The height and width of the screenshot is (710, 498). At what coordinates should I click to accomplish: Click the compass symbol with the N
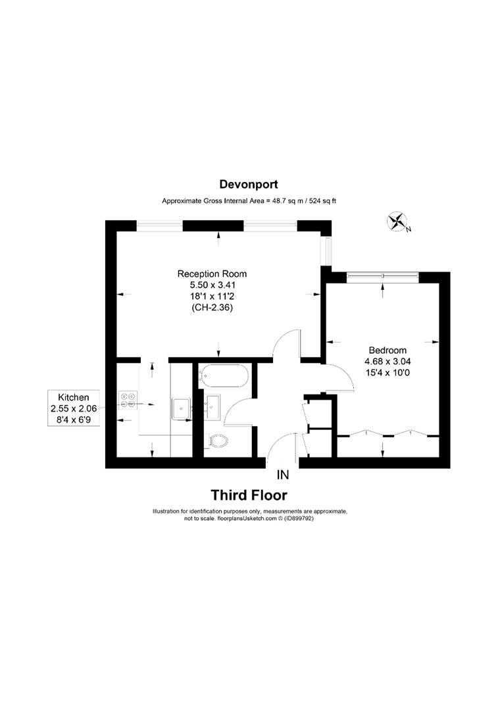(x=397, y=222)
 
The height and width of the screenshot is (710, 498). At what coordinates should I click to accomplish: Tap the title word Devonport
(x=249, y=185)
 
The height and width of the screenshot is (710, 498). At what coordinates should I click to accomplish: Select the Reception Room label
(x=212, y=273)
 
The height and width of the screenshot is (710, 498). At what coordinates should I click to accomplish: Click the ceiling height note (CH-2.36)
(x=212, y=307)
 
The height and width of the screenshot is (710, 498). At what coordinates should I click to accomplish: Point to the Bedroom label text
(x=387, y=350)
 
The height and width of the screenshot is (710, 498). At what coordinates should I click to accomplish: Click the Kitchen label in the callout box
(x=74, y=397)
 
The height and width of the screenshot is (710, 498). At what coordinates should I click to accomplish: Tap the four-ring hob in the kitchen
(x=128, y=400)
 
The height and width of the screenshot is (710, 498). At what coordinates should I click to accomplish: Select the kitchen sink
(x=180, y=408)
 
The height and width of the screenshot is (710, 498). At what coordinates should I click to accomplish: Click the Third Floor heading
(x=249, y=495)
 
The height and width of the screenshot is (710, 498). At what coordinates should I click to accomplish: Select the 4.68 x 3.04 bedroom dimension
(x=387, y=361)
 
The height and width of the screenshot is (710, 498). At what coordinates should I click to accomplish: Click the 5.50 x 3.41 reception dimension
(x=212, y=285)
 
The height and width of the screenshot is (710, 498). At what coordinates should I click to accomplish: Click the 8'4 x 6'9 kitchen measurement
(x=74, y=419)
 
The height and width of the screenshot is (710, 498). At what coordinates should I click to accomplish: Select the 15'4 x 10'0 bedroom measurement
(x=387, y=372)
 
